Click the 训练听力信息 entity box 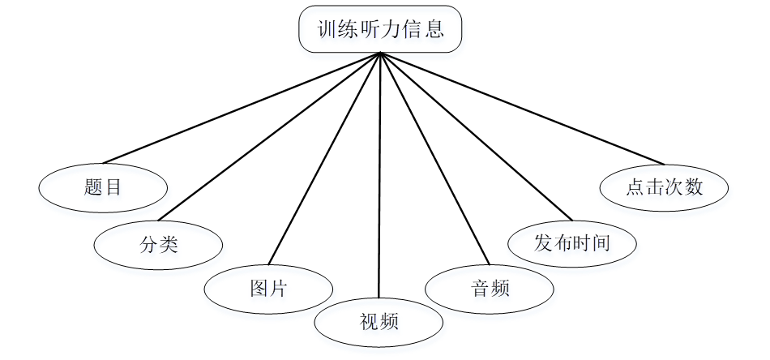click(x=380, y=31)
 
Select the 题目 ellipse click(x=103, y=187)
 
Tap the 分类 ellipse click(x=158, y=242)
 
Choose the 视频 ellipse click(x=379, y=322)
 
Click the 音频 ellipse click(x=490, y=288)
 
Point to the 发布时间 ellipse click(x=571, y=242)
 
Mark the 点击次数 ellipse click(x=664, y=187)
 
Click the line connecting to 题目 click(x=242, y=108)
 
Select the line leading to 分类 click(x=269, y=137)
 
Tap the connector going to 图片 click(x=324, y=160)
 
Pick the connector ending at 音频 click(x=434, y=159)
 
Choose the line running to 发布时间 click(x=476, y=137)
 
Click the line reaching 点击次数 click(x=521, y=109)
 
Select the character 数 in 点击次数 click(x=692, y=187)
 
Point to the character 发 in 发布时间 click(x=541, y=242)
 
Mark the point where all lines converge click(x=380, y=54)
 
